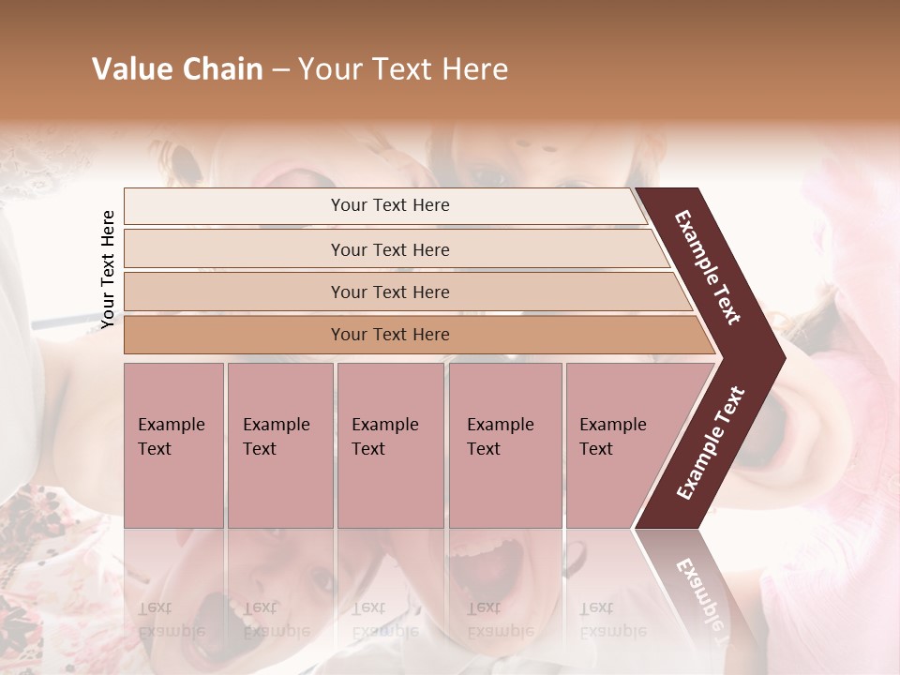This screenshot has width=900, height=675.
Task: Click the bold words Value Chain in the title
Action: click(x=177, y=69)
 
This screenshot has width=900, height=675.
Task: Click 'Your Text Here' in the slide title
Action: click(x=403, y=69)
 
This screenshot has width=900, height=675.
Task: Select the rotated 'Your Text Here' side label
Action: click(x=108, y=269)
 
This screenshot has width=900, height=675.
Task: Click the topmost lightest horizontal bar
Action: click(x=389, y=205)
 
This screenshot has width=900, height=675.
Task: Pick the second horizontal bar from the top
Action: click(x=389, y=249)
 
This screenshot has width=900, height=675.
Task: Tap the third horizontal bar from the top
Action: click(x=389, y=292)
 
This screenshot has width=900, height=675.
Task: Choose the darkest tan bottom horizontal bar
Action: click(x=389, y=335)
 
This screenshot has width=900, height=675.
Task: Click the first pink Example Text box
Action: click(x=173, y=444)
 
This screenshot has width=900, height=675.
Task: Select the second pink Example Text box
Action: click(x=279, y=444)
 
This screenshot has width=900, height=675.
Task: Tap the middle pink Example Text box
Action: click(x=390, y=444)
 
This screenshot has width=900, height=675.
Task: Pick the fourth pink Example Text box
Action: click(x=504, y=444)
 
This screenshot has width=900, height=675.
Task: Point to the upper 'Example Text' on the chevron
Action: click(x=709, y=267)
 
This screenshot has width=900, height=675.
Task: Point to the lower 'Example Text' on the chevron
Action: click(x=711, y=442)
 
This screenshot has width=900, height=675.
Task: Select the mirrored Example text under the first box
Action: click(x=172, y=619)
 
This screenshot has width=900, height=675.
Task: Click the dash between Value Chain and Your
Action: click(x=280, y=70)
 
